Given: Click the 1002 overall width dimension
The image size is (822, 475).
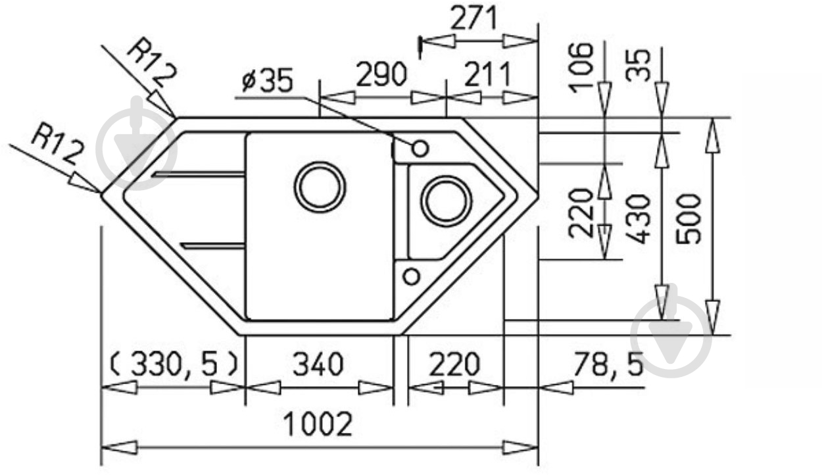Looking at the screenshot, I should click(x=318, y=425).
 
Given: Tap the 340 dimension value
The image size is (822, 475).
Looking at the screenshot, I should click(x=318, y=364).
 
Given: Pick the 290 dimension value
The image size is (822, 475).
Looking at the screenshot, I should click(x=382, y=76).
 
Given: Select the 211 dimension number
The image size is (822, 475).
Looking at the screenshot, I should click(x=487, y=76).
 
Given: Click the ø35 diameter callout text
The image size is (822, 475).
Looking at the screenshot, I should click(x=267, y=81).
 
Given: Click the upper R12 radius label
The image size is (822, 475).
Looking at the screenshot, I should click(x=151, y=63).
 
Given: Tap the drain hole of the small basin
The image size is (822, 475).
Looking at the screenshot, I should click(x=446, y=200).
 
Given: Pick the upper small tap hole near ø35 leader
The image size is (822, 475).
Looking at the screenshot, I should click(x=420, y=149).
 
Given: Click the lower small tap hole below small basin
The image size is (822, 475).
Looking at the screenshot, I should click(x=411, y=276).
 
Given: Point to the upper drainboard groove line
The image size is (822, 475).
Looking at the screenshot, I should click(x=197, y=175).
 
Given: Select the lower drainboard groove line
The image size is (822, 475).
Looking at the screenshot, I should click(x=212, y=245).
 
